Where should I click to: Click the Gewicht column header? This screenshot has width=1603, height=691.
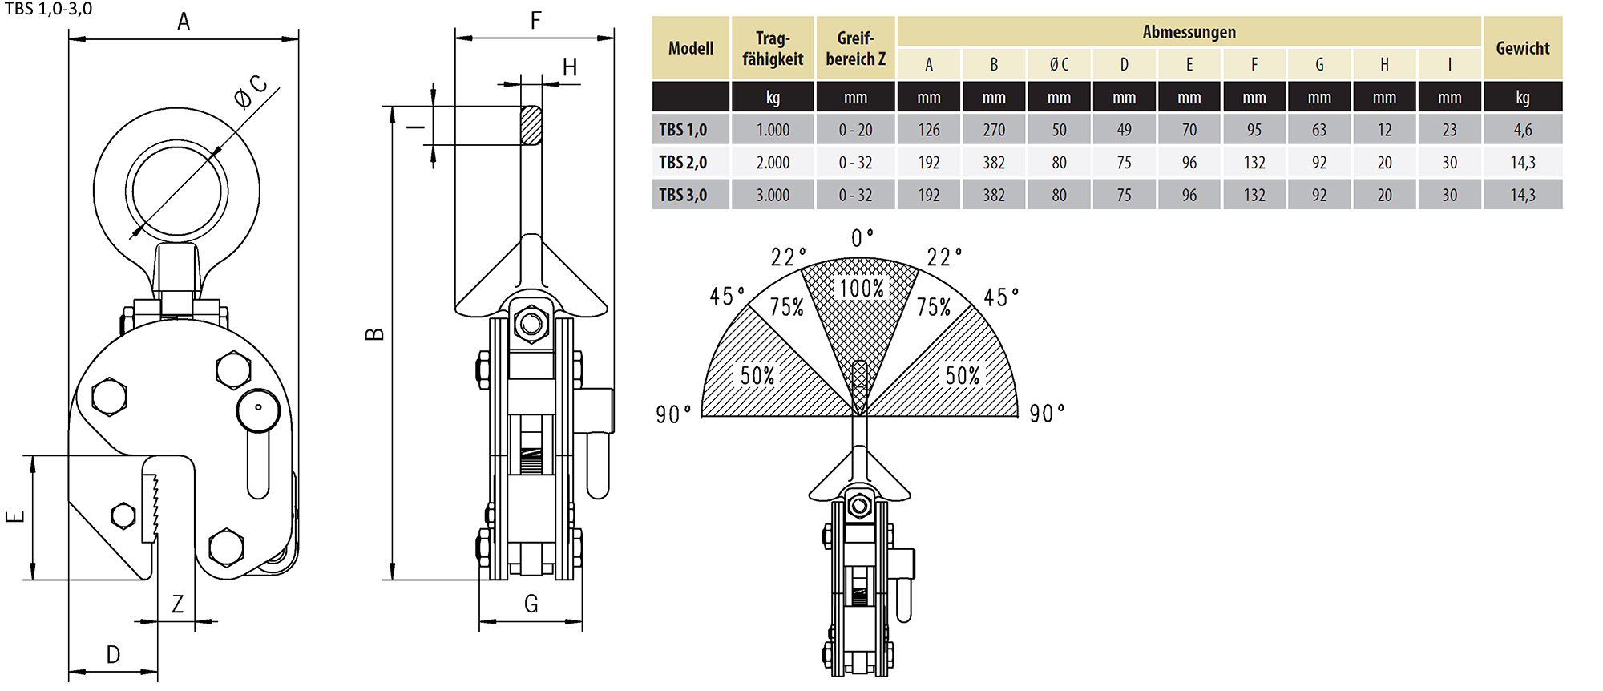click(x=1522, y=48)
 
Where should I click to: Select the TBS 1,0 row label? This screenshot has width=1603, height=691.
click(x=683, y=130)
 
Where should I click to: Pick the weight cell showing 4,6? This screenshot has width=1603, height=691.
click(x=1522, y=130)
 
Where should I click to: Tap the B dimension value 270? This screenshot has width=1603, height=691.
click(x=994, y=130)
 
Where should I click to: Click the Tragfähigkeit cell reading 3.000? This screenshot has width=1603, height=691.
click(x=773, y=195)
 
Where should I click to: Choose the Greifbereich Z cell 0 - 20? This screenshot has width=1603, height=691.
click(x=855, y=130)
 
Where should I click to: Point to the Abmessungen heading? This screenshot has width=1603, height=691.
click(x=1189, y=32)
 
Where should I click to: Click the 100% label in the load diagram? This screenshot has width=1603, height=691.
click(x=861, y=289)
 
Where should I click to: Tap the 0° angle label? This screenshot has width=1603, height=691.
click(x=862, y=238)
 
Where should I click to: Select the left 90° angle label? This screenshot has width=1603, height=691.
click(x=673, y=414)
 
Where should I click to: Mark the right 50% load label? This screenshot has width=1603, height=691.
click(x=962, y=375)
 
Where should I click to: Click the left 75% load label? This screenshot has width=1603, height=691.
click(x=786, y=307)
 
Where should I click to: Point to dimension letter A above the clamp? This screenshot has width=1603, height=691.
click(x=184, y=22)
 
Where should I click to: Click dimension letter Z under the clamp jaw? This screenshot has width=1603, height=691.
click(x=178, y=604)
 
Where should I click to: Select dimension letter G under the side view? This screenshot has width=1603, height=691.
click(x=531, y=604)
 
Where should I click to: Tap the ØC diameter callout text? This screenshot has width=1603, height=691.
click(x=251, y=92)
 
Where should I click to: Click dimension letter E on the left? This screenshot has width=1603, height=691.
click(x=15, y=517)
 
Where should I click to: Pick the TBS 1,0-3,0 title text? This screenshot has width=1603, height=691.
click(x=48, y=9)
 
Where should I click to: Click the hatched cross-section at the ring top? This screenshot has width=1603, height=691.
click(x=531, y=125)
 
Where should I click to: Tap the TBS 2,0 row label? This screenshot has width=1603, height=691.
click(x=683, y=163)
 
